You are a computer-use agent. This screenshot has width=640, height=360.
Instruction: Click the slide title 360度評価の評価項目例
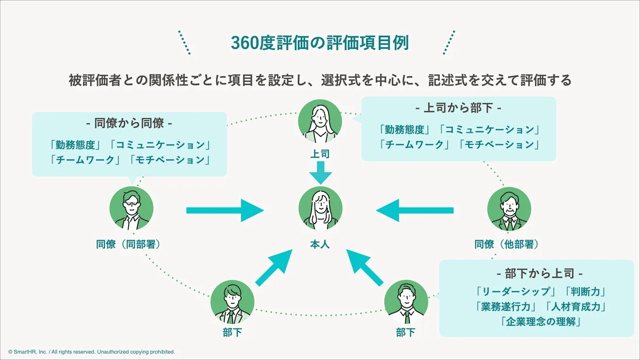[x=320, y=43]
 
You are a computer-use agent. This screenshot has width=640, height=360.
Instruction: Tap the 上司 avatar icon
[x=320, y=121]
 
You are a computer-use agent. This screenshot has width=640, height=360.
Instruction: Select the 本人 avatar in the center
[x=320, y=208]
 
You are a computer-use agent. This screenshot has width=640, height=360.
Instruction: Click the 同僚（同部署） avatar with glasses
[x=131, y=208]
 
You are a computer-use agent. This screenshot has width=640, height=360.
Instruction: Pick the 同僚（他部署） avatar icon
[x=509, y=209]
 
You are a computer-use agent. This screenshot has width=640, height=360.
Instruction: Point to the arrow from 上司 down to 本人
[x=320, y=173]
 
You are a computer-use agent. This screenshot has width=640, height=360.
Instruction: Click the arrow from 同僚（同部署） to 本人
[x=225, y=210]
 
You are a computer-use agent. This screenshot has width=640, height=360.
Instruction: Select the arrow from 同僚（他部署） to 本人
[x=415, y=210]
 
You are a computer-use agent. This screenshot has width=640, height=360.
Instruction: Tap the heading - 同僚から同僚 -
[x=129, y=123]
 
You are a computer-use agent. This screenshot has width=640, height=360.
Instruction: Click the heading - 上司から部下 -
[x=458, y=108]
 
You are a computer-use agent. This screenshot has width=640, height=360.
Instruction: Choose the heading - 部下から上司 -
[x=540, y=273]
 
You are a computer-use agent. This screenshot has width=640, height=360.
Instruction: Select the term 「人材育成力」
[x=576, y=306]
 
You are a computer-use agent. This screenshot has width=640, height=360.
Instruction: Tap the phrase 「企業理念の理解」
[x=540, y=322]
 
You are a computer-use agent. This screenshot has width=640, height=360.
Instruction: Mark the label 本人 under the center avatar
[x=320, y=244]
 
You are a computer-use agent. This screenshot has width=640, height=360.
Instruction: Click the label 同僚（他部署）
[x=506, y=244]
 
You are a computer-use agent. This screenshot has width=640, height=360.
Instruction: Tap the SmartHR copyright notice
[x=91, y=352]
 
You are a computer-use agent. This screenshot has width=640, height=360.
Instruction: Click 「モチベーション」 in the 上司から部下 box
[x=499, y=144]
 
